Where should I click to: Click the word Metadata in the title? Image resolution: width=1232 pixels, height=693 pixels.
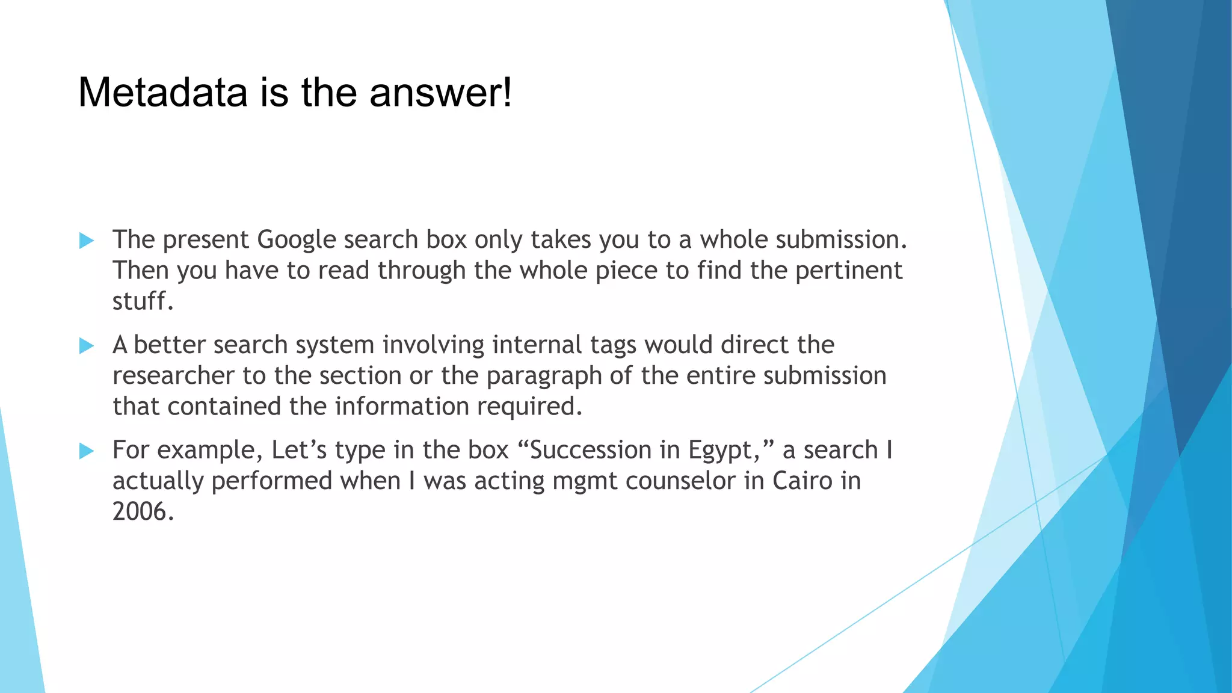click(162, 93)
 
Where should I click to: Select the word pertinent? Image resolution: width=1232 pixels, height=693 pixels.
click(849, 271)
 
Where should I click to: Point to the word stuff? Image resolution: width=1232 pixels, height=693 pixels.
click(143, 301)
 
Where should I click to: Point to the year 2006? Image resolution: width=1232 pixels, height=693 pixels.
click(143, 512)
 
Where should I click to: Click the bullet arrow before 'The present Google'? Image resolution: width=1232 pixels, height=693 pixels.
click(87, 241)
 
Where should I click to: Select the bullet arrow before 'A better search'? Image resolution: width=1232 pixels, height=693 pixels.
click(87, 346)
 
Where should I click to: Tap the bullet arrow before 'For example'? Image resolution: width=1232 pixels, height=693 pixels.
click(87, 451)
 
